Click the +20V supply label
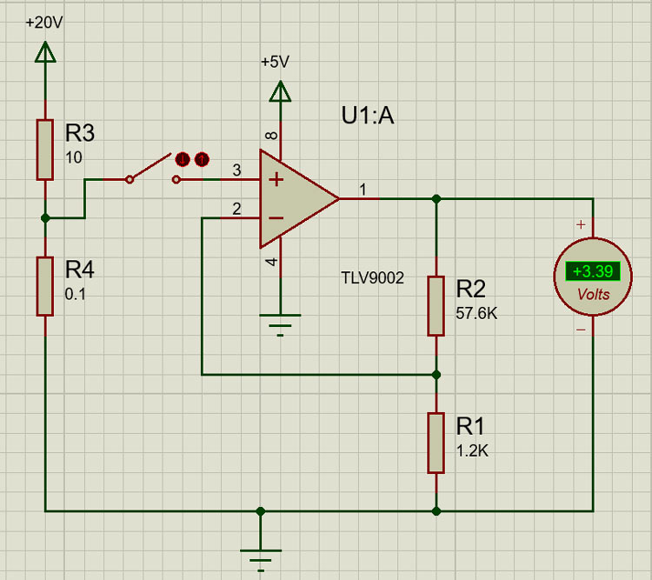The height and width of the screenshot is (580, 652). pos(44,23)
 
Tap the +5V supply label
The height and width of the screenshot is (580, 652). pos(275,62)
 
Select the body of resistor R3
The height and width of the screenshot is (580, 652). pos(45,150)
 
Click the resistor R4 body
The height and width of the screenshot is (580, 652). pos(45,286)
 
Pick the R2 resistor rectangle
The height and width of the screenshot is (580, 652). pos(436,306)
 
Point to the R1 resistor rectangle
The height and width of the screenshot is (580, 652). pos(436,443)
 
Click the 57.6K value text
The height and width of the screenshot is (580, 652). pos(476,313)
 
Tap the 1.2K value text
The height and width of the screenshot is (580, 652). pos(472,450)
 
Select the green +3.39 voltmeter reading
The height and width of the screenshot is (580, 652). pos(593,271)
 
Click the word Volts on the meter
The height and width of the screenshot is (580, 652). pos(594,295)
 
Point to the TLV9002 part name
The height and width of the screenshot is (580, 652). pos(372,278)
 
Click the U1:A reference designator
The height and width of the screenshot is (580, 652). pos(368,116)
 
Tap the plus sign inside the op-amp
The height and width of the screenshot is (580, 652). pos(276,180)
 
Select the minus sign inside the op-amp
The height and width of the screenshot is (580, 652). pos(276,217)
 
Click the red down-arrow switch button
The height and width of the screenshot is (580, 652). pos(183,159)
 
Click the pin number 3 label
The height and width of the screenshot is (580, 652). pos(236,170)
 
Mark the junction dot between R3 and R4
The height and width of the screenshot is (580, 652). pos(45,218)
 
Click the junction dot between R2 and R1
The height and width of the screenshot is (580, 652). pos(436,375)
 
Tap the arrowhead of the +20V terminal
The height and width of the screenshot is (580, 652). pos(45,52)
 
